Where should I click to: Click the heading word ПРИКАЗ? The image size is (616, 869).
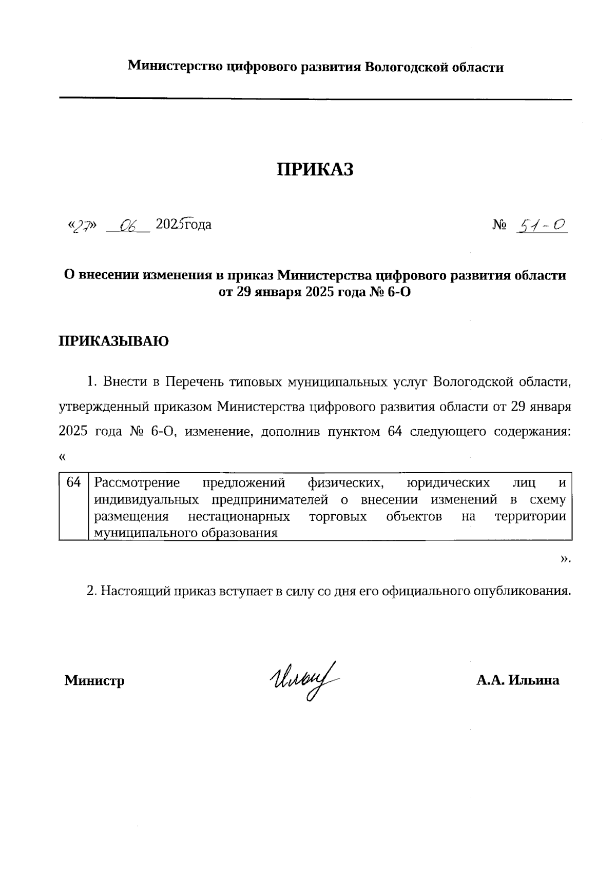coord(315,170)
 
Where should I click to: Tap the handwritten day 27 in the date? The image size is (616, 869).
coord(82,226)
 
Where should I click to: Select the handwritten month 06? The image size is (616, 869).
coord(127,225)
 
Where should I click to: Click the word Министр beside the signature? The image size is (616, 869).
coord(94,680)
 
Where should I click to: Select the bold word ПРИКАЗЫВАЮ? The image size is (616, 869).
coord(113,341)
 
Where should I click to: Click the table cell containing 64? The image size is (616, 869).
coord(74,482)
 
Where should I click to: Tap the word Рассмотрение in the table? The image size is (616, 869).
coord(137,482)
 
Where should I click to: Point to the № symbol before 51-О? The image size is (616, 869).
coord(499,225)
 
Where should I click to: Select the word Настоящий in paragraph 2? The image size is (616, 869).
coord(133,591)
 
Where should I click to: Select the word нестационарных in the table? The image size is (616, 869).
coord(239,516)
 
